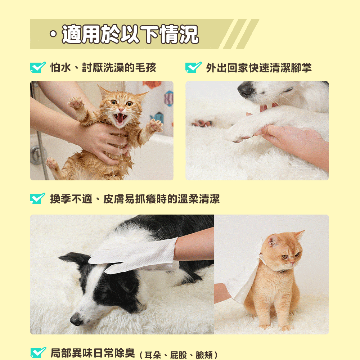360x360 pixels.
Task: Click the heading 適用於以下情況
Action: click(x=130, y=34)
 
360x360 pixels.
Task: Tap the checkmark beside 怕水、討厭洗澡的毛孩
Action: click(x=38, y=68)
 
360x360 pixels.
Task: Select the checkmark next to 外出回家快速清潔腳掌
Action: click(x=193, y=68)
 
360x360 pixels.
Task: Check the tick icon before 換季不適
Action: click(x=38, y=198)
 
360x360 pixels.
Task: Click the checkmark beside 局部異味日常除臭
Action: click(x=38, y=353)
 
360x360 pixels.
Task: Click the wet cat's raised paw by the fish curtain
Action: click(x=155, y=125)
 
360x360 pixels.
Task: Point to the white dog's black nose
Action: click(x=245, y=90)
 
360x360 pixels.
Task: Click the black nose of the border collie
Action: click(x=76, y=319)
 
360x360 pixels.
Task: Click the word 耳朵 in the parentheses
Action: click(x=153, y=355)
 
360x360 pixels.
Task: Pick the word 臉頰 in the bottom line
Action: click(x=204, y=355)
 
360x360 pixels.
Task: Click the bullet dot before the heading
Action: click(x=53, y=34)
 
